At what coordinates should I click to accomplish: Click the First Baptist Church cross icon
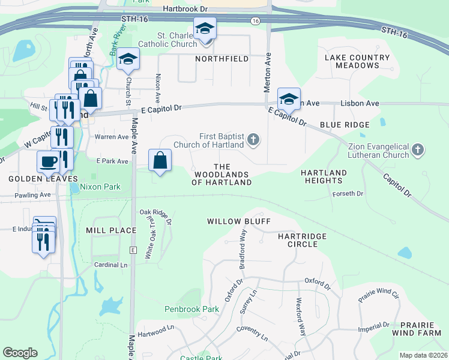pos(253,140)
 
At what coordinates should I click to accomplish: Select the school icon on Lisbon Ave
pos(289,99)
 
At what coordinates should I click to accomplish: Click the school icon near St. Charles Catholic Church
pos(205,28)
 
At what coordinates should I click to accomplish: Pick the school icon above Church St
pos(128,59)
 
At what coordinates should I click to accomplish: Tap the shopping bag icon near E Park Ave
pos(160,160)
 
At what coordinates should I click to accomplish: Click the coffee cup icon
pos(48,161)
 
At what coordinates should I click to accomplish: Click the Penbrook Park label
pos(192,310)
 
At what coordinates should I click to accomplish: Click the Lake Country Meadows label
pos(357,62)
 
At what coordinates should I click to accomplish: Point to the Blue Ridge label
pos(345,124)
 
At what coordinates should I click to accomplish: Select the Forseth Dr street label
pos(348,194)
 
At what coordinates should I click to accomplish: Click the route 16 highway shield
pos(256,21)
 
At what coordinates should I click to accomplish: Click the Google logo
pos(20,353)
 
